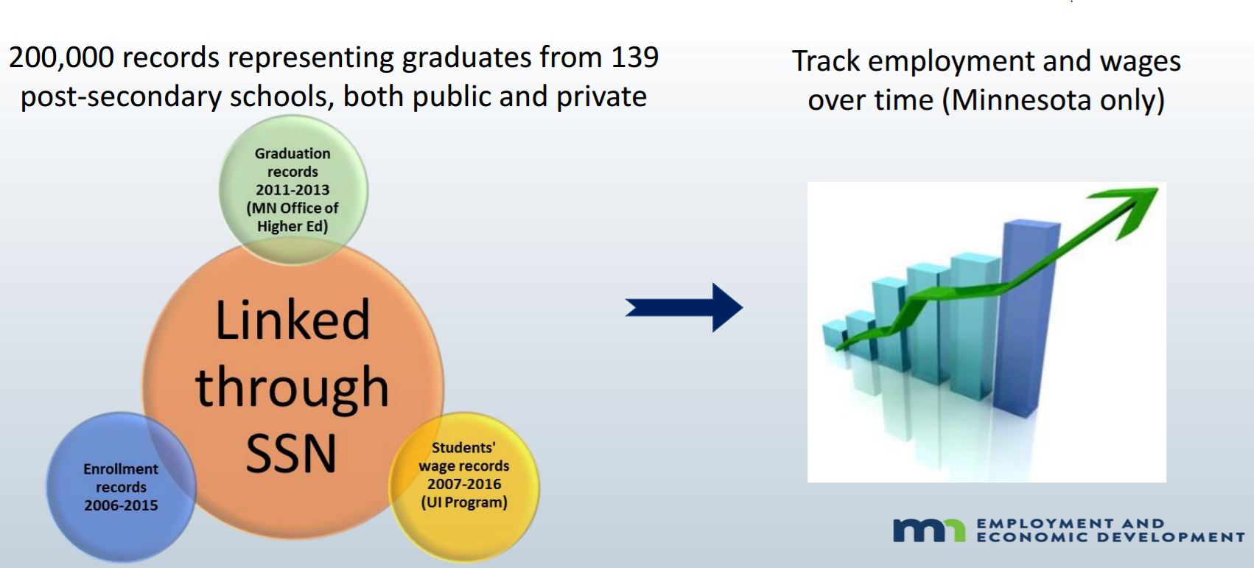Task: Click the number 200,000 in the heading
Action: [x=62, y=58]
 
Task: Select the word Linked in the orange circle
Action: [x=293, y=320]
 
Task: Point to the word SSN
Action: [x=291, y=453]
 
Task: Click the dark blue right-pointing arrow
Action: [x=684, y=307]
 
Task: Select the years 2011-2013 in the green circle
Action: [x=293, y=190]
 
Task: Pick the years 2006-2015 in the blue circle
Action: [x=121, y=505]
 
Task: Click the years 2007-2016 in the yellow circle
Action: [x=464, y=484]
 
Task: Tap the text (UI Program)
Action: [x=464, y=502]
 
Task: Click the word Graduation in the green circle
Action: [x=293, y=153]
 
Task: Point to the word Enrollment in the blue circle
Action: [x=121, y=469]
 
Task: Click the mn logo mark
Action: [x=929, y=530]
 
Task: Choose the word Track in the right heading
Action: [x=826, y=61]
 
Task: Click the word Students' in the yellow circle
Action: [x=464, y=448]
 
